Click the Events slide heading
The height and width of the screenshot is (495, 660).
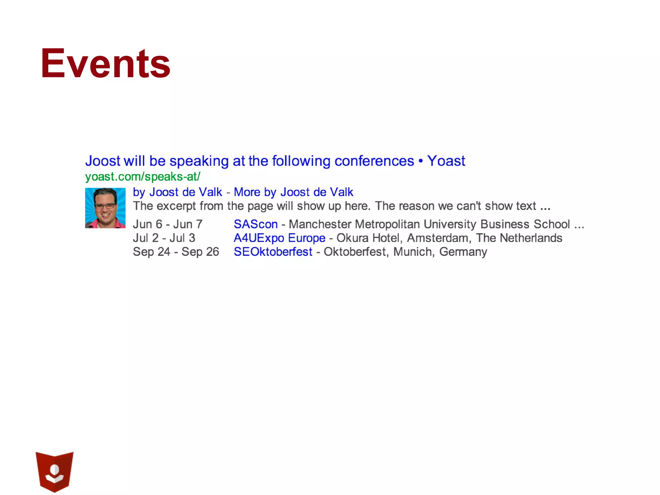coord(105,63)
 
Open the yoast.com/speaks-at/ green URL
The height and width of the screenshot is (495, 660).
coord(142,177)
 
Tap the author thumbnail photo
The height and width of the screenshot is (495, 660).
coord(105,208)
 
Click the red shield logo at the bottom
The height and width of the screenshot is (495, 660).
coord(54,471)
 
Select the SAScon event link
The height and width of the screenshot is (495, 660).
coord(256,224)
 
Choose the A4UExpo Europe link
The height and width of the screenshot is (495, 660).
coord(279,238)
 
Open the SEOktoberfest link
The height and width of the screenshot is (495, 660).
coord(273,252)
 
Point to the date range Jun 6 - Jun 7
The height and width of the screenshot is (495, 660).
coord(168,224)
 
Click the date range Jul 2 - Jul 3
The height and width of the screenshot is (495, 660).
coord(164,238)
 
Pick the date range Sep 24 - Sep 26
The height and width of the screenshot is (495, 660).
coord(176,252)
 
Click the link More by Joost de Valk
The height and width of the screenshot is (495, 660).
coord(293,192)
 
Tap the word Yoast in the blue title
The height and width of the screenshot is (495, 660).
coord(446,161)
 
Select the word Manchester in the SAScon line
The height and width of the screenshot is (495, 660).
coord(320,224)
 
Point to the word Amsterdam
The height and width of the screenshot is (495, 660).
coord(438,238)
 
